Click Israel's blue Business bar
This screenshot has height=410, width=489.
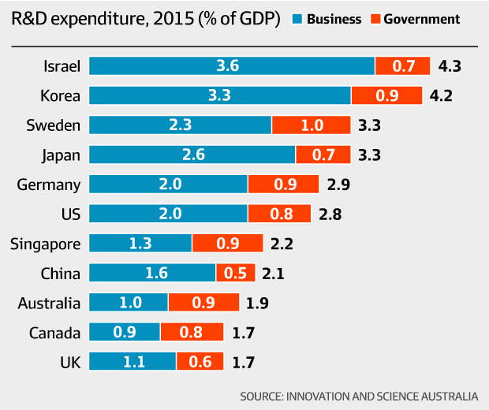pyautogui.click(x=232, y=66)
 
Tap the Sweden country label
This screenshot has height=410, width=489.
pyautogui.click(x=54, y=125)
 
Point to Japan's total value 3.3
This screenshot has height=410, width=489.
pyautogui.click(x=369, y=155)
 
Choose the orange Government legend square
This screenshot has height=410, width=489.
pyautogui.click(x=375, y=19)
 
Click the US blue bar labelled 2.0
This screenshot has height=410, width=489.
pyautogui.click(x=169, y=214)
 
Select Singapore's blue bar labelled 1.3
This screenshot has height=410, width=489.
pyautogui.click(x=140, y=244)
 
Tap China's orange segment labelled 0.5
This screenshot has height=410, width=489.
pyautogui.click(x=236, y=273)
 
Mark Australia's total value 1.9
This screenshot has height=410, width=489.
pyautogui.click(x=259, y=303)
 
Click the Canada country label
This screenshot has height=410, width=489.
pyautogui.click(x=54, y=332)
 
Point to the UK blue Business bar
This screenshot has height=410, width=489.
pyautogui.click(x=133, y=362)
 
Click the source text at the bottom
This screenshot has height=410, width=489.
pyautogui.click(x=359, y=395)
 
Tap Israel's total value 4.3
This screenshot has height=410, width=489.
pyautogui.click(x=448, y=66)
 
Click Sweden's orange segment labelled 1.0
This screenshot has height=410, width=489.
pyautogui.click(x=311, y=125)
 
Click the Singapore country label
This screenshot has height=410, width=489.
pyautogui.click(x=45, y=244)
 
